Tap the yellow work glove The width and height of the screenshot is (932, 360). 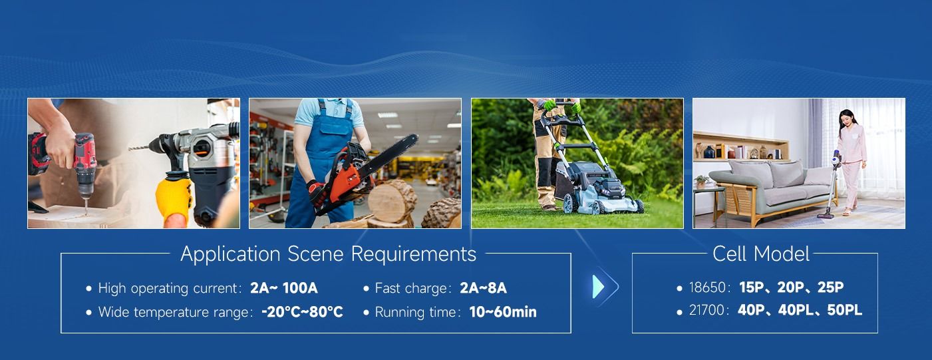coord(174,200)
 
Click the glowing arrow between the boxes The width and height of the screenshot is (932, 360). coord(605,286)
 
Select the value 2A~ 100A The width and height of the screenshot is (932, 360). coord(284,288)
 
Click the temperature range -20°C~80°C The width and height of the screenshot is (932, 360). coord(302,311)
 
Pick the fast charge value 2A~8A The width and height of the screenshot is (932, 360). coord(483,288)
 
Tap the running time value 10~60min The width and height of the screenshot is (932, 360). coord(503,311)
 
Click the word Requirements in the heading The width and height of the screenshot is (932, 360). coord(414,254)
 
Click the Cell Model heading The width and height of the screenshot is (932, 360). coord(761,254)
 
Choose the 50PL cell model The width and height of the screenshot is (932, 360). coord(844,310)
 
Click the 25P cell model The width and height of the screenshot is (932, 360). coord(830,287)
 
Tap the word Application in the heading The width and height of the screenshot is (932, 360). coord(230,255)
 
